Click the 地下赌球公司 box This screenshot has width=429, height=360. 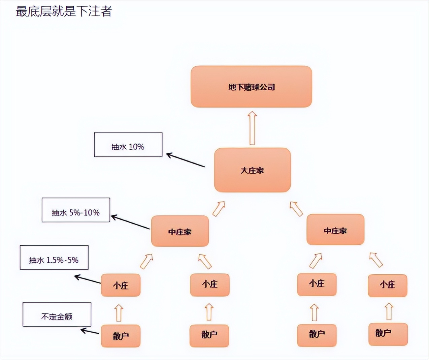[251, 87]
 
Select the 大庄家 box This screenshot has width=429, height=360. [252, 170]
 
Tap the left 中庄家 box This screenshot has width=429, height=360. [180, 231]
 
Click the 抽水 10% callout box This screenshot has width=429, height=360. [128, 145]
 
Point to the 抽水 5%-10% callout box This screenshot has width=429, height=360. [76, 210]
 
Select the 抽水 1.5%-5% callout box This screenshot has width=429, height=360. [54, 258]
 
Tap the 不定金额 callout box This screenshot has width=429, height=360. [57, 314]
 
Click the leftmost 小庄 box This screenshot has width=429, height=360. [121, 285]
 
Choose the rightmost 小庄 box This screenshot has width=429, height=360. [387, 285]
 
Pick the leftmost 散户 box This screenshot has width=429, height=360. [121, 336]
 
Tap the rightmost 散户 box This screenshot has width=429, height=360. [388, 334]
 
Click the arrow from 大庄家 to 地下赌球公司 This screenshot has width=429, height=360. [252, 128]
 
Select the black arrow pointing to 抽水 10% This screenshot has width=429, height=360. [186, 160]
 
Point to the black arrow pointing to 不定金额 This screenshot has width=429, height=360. [90, 331]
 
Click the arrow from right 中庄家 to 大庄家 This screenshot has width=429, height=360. [296, 209]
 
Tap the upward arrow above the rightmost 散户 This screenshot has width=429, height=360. [389, 311]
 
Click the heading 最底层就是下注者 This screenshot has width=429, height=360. [64, 11]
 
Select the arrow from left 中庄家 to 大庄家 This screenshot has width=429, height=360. [219, 209]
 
